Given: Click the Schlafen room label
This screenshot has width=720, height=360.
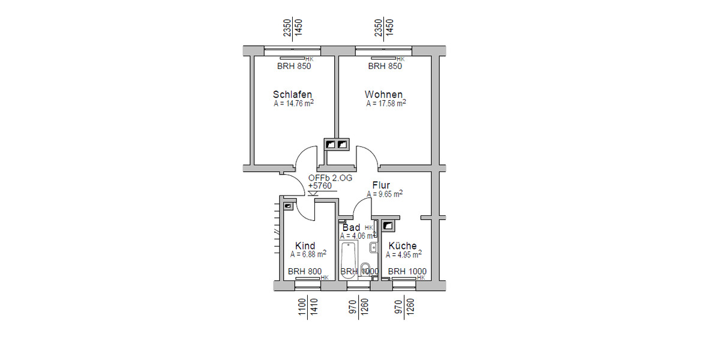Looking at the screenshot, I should [x=292, y=95].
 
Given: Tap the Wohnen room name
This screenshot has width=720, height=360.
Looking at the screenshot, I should [x=383, y=95].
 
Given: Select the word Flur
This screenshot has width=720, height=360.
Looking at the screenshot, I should [x=381, y=185].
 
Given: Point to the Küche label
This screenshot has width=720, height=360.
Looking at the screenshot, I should [x=402, y=246].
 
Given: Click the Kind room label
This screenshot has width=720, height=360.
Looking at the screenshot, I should [x=305, y=246].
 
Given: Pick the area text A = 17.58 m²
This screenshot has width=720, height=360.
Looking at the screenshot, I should [x=386, y=104].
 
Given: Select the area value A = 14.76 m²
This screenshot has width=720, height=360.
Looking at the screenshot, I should [x=293, y=104].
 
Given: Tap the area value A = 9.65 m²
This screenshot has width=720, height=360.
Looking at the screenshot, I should [x=385, y=194].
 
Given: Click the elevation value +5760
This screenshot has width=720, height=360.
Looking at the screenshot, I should [x=320, y=186].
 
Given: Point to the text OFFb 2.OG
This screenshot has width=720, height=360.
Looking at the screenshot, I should [x=330, y=178].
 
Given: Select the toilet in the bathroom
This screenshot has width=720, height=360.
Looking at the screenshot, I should [x=365, y=268].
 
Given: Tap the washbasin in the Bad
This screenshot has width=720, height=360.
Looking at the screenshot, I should [x=373, y=247].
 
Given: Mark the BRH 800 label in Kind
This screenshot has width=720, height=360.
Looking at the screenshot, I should [x=305, y=272].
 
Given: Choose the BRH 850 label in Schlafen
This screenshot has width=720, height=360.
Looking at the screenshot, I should [x=294, y=67].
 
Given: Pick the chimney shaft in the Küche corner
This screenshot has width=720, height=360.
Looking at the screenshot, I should [x=388, y=226].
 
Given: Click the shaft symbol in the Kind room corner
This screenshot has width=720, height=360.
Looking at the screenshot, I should [x=289, y=206].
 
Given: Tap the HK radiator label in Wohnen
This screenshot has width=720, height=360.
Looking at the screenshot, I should [x=401, y=59].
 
